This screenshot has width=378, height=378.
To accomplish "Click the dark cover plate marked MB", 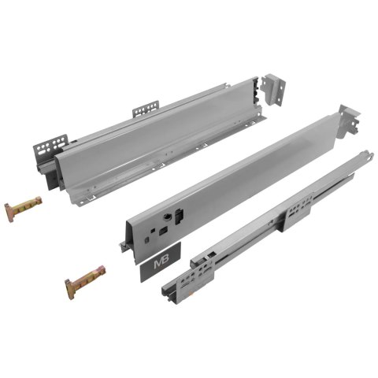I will [162, 265].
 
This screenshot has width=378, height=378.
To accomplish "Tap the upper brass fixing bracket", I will [21, 211].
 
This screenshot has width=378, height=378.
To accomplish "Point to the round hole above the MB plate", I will [169, 217].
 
